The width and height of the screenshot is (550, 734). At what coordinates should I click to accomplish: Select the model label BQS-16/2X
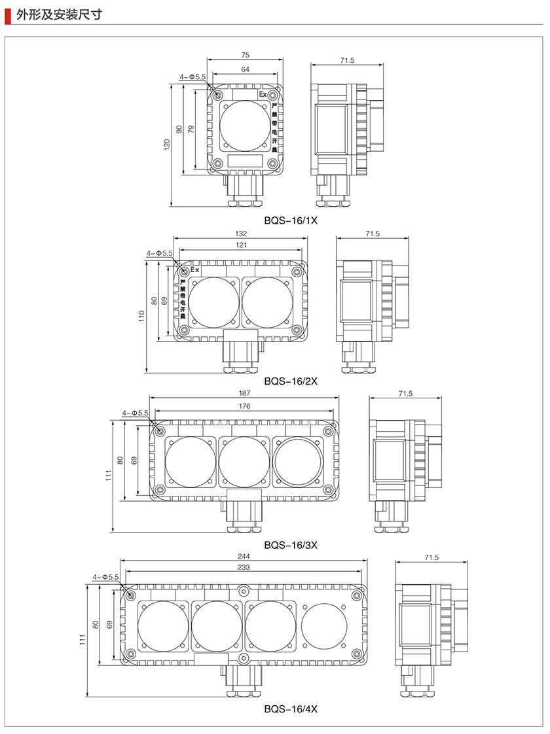pyautogui.click(x=291, y=380)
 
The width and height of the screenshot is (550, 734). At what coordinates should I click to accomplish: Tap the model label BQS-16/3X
pyautogui.click(x=291, y=544)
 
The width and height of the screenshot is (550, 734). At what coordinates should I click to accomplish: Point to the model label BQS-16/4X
pyautogui.click(x=291, y=708)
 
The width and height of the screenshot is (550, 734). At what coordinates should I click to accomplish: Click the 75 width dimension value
pyautogui.click(x=246, y=56)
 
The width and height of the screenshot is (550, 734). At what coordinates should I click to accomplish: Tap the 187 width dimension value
pyautogui.click(x=244, y=393)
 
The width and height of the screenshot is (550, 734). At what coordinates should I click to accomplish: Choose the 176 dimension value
pyautogui.click(x=244, y=406)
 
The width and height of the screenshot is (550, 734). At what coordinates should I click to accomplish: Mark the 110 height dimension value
pyautogui.click(x=141, y=317)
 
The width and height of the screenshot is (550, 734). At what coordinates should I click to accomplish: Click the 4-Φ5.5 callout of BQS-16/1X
pyautogui.click(x=193, y=77)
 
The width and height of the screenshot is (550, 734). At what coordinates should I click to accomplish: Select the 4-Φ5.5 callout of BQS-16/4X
pyautogui.click(x=106, y=577)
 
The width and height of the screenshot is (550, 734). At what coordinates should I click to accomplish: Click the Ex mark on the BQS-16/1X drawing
pyautogui.click(x=263, y=95)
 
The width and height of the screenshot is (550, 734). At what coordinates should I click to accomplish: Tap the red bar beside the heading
pyautogui.click(x=7, y=13)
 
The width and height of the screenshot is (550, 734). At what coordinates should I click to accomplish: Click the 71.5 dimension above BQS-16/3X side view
pyautogui.click(x=405, y=393)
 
